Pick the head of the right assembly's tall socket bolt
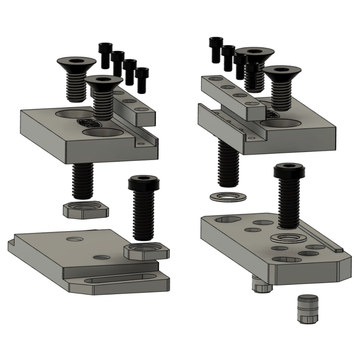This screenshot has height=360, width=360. [289, 173]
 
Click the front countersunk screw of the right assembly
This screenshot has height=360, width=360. [279, 80]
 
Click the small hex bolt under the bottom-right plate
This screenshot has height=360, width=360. [262, 286]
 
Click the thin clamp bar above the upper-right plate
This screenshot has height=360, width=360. [232, 90]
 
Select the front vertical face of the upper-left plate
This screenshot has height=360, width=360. [100, 151]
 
